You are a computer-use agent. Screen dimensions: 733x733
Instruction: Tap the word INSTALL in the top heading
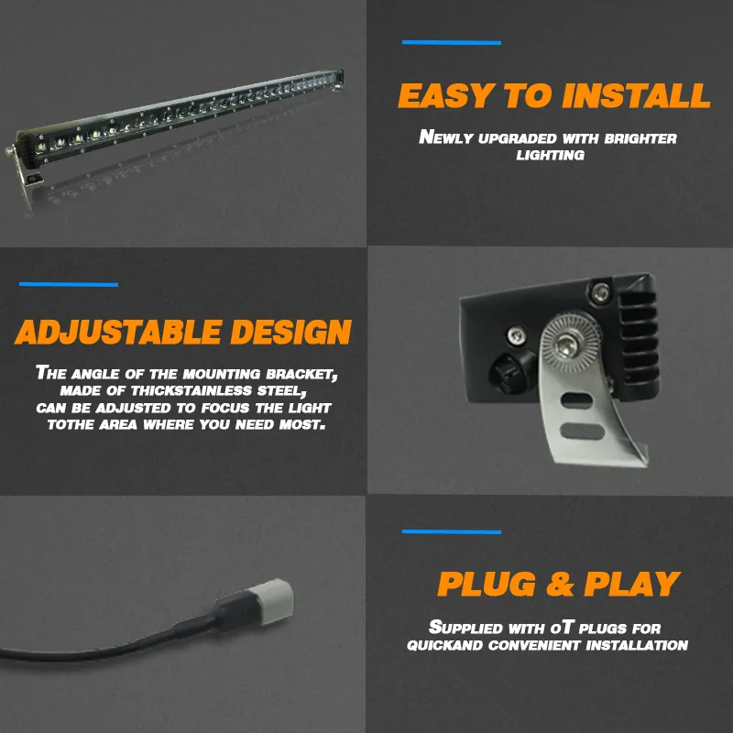(636, 95)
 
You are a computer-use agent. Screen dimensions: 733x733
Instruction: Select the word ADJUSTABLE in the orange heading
(118, 332)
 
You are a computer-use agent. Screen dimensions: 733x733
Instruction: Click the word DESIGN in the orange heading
(290, 332)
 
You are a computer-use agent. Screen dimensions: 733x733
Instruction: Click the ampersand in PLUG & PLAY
(560, 584)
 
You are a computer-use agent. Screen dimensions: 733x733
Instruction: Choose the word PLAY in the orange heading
(632, 584)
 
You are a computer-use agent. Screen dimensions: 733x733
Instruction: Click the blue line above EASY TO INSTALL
(452, 42)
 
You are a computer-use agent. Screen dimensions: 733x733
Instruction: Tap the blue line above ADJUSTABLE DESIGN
(69, 284)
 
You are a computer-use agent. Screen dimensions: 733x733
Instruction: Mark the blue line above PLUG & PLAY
(452, 531)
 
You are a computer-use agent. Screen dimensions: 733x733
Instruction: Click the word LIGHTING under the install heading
(551, 155)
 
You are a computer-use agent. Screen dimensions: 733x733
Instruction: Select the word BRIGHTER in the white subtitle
(640, 138)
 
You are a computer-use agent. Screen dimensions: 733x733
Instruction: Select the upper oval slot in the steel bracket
(577, 400)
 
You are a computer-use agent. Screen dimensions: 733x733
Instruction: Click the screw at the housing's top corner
(600, 292)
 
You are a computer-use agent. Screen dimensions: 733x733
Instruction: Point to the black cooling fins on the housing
(640, 335)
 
